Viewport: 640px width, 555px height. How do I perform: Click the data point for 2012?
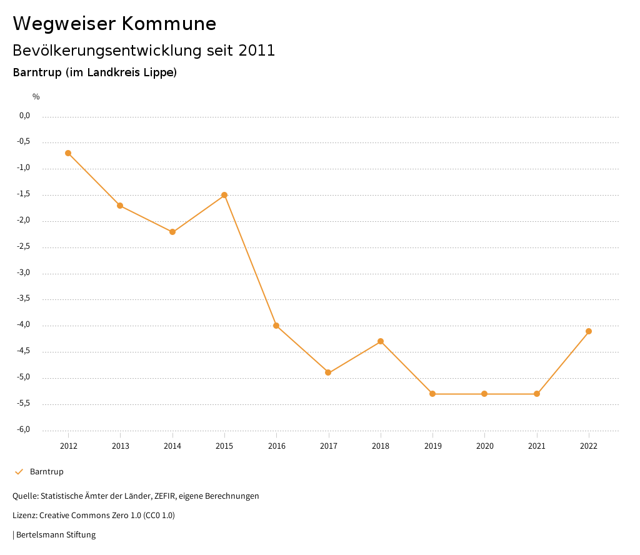68,153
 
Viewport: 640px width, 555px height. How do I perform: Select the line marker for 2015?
224,195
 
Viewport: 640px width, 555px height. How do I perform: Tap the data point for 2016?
276,326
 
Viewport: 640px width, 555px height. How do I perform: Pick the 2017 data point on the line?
328,372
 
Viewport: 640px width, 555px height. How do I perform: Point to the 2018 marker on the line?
381,341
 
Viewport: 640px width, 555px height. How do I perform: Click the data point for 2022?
589,331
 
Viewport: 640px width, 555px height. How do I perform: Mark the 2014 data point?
172,232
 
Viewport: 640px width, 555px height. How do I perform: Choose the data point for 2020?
484,394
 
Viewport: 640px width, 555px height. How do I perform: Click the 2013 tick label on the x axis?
121,446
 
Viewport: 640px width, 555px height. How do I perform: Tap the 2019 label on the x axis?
432,446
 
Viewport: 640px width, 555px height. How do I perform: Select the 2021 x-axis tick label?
537,446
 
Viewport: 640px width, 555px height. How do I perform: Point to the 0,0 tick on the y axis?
25,116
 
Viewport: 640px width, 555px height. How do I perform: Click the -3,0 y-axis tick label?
24,273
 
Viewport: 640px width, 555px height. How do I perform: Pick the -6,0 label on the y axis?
24,430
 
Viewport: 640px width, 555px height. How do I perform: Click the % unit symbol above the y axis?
36,97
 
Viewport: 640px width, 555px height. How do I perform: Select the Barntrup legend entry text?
47,472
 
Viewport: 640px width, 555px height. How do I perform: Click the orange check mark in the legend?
19,472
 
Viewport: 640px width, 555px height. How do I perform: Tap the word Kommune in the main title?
169,24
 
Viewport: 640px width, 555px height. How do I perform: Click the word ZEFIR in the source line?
165,496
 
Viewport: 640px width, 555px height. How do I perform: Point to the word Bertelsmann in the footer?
40,535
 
